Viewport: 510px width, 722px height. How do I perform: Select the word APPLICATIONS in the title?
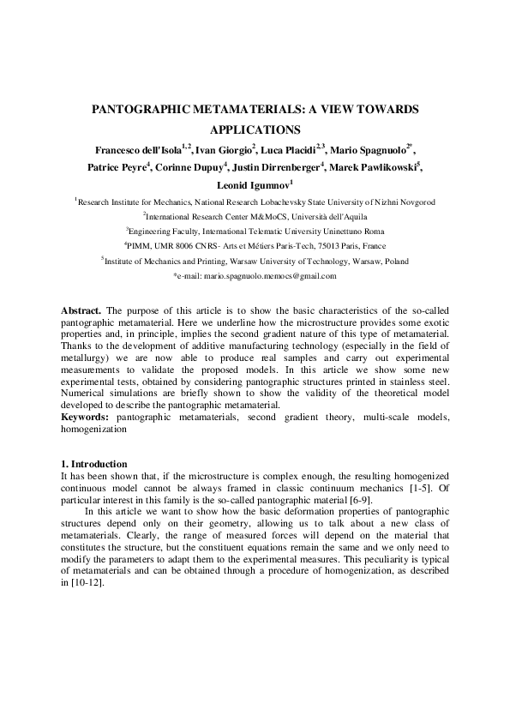point(255,130)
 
